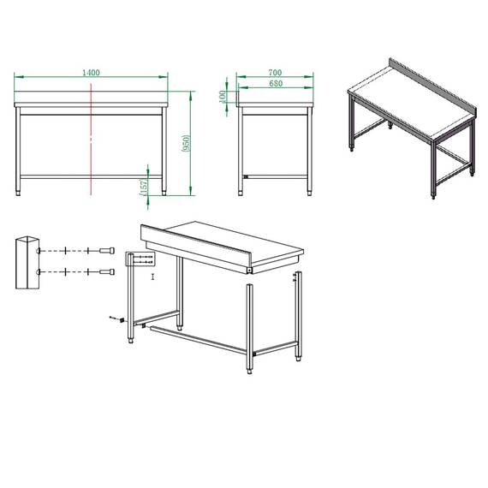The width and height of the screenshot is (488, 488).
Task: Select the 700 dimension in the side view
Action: pos(275,73)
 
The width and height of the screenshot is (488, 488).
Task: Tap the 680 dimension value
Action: pos(275,84)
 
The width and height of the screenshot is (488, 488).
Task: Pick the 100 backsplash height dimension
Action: pos(223,98)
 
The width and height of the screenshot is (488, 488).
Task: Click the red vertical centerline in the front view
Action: pos(91,146)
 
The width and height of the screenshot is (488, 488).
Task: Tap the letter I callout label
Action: pos(152,277)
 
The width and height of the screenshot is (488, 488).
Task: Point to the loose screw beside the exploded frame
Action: pos(113,318)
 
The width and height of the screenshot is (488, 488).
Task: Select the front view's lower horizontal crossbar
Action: pos(91,176)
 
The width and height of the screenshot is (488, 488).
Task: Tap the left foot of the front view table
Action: pos(21,193)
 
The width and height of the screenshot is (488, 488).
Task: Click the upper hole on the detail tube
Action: pos(38,250)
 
